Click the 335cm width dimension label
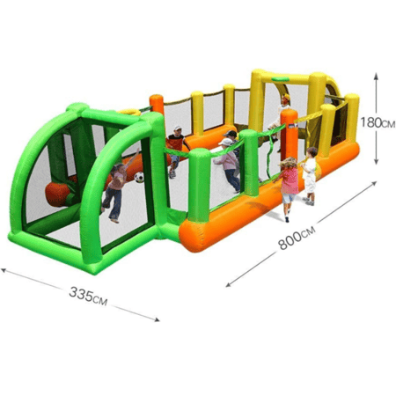(x=88, y=296)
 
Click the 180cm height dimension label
(x=378, y=122)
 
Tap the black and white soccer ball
(x=139, y=177)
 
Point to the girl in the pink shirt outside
(x=288, y=187)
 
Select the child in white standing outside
(x=309, y=176)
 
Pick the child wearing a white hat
(x=228, y=165)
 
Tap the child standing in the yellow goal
(x=279, y=117)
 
